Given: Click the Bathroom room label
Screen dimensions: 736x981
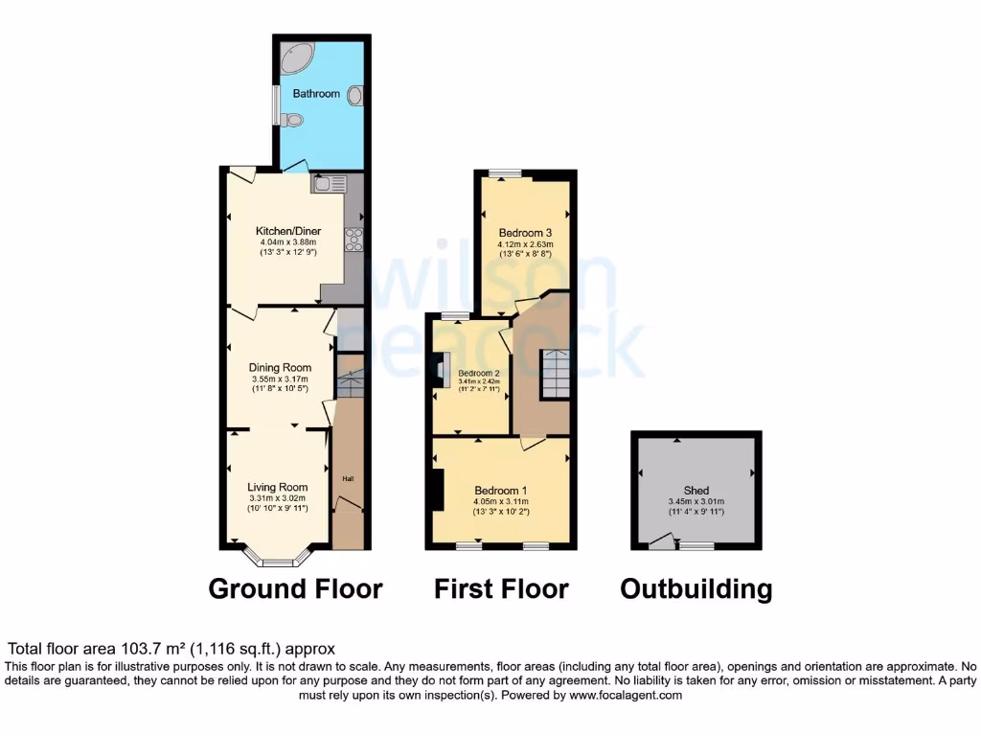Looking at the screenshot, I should [316, 94].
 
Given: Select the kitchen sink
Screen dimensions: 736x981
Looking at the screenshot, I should [328, 184].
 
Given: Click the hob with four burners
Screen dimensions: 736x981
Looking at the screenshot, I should [353, 240].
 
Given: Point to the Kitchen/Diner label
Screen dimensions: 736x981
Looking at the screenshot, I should [287, 231].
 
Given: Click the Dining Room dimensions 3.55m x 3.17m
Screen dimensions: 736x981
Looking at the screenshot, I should [281, 379].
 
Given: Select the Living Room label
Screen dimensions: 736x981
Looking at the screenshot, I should [278, 487].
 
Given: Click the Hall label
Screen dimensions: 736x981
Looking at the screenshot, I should [348, 477].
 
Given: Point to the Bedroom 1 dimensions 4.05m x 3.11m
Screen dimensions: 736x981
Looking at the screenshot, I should [502, 502].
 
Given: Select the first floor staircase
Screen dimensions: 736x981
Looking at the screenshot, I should [555, 374].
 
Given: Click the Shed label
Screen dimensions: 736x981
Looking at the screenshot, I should [696, 491].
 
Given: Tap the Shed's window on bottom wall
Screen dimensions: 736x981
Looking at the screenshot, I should [696, 546].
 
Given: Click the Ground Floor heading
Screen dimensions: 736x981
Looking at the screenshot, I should [295, 588].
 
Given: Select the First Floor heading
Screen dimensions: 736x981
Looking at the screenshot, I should [501, 588].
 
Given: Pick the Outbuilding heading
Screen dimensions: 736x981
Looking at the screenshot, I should [696, 588].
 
